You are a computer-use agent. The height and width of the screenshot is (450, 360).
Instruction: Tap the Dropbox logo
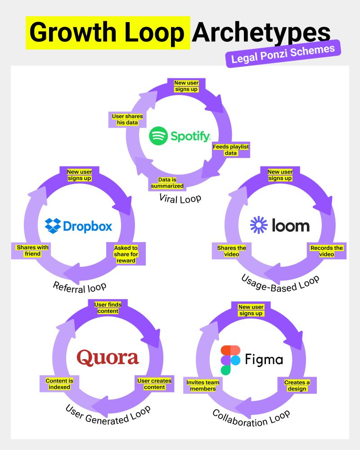[x=79, y=225]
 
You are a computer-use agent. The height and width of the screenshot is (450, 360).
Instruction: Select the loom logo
[x=279, y=225]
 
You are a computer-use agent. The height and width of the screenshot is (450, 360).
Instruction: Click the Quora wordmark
[x=108, y=358]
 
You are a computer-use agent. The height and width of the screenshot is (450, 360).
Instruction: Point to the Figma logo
[x=252, y=360]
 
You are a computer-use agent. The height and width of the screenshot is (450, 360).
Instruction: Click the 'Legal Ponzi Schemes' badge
[x=283, y=54]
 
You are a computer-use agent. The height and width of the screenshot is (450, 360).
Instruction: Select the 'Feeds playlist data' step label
[x=230, y=150]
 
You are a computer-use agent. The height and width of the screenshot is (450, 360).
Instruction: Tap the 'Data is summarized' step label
[x=167, y=183]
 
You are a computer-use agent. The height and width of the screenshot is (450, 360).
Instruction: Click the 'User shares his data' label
[x=127, y=119]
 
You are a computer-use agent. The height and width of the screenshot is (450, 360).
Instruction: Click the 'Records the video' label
[x=326, y=251]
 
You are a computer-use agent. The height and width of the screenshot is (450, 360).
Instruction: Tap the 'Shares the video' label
[x=231, y=251]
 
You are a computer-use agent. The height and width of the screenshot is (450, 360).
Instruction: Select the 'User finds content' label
[x=108, y=308]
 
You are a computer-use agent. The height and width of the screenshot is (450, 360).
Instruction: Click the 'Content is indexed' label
[x=59, y=383]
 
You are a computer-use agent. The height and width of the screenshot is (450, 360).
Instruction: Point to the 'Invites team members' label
[x=203, y=386]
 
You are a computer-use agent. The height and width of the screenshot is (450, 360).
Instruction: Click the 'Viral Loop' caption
[x=180, y=198]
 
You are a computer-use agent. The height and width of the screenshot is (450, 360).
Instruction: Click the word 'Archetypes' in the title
[x=261, y=33]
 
